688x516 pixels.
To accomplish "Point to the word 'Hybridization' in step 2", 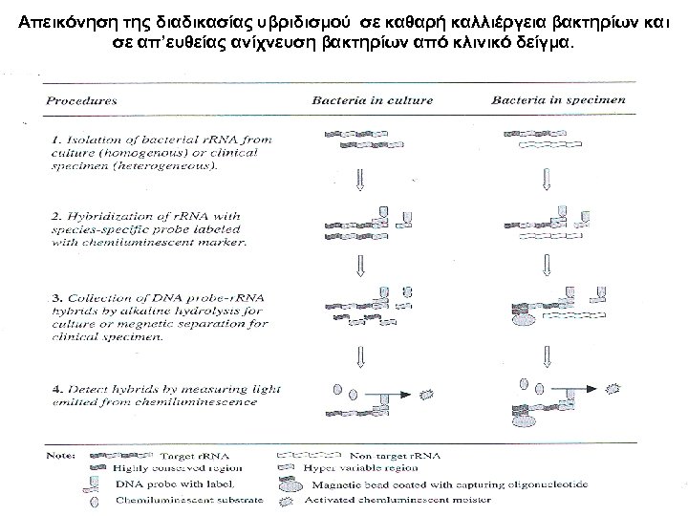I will click(118, 215).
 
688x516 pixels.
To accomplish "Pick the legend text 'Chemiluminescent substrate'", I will click(178, 500).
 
